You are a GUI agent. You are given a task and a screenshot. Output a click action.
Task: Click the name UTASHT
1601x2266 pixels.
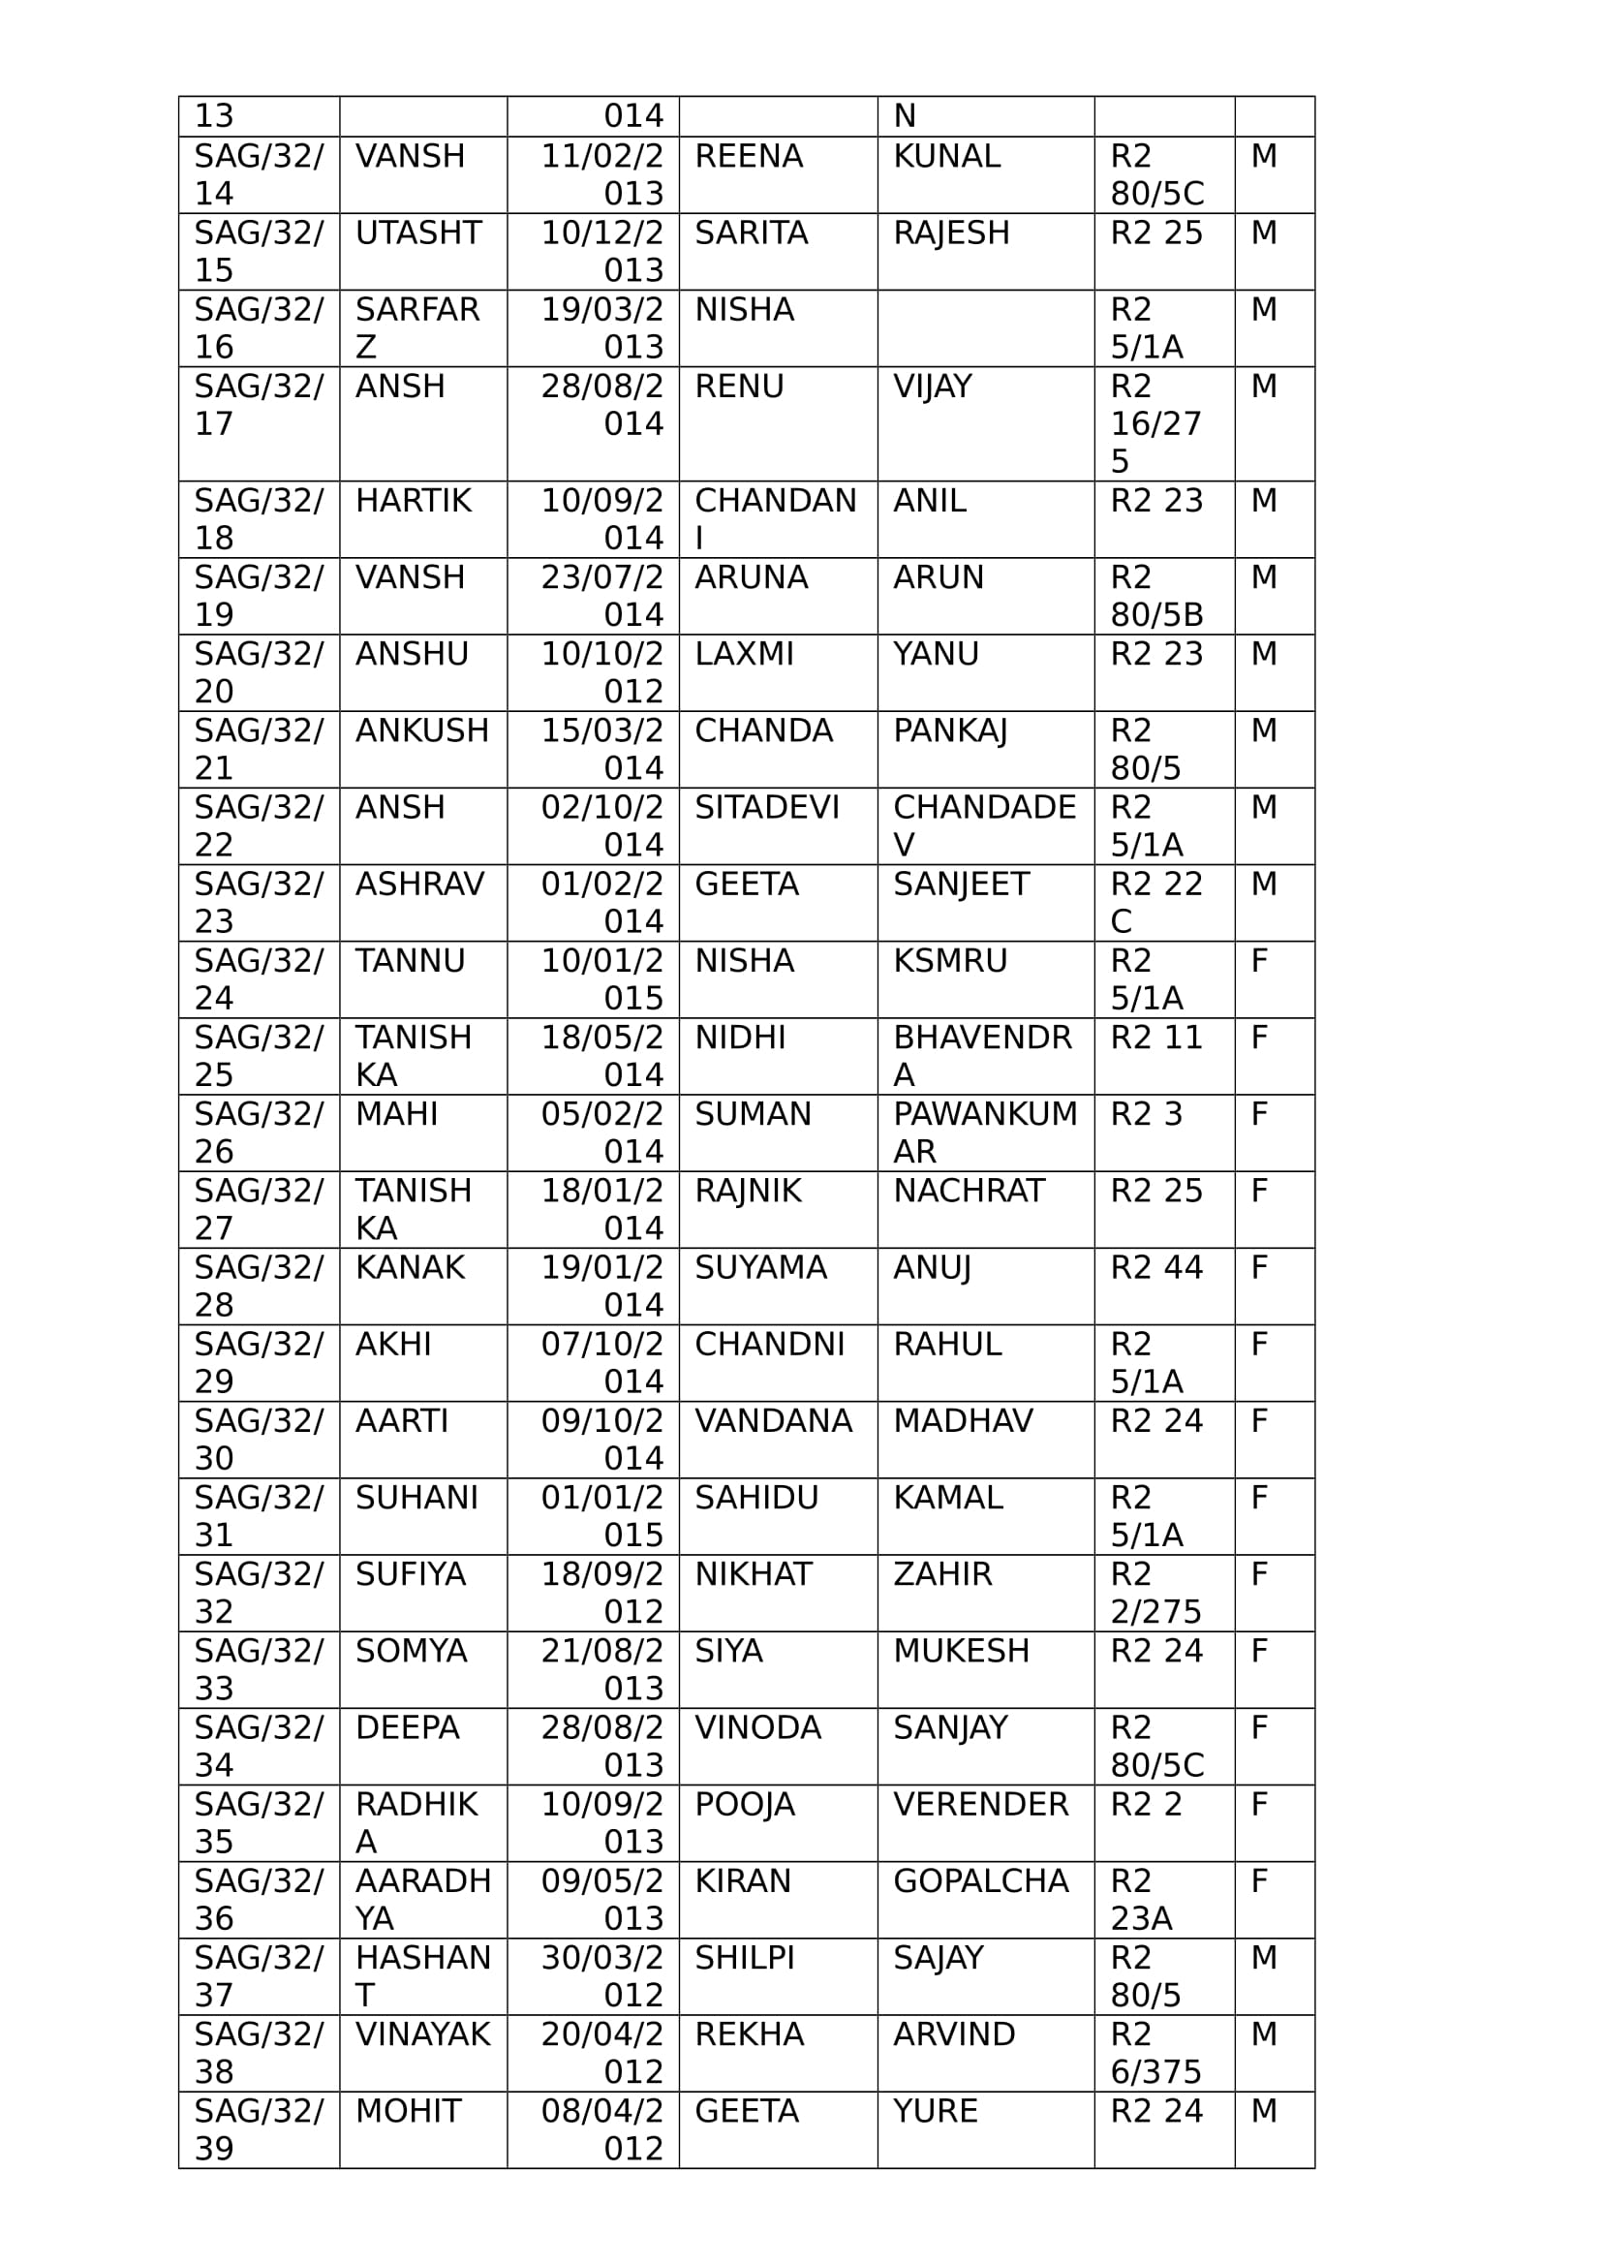click(x=417, y=233)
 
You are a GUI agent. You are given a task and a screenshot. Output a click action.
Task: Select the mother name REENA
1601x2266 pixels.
click(x=748, y=157)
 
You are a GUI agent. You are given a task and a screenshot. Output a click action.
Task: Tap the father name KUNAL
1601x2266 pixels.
click(x=946, y=157)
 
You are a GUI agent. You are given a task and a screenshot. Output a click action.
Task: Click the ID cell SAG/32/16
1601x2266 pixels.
click(x=258, y=328)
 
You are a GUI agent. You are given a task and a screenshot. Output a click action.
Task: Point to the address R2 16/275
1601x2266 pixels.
click(x=1155, y=423)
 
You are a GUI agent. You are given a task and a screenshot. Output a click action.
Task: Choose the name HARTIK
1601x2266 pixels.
click(x=414, y=502)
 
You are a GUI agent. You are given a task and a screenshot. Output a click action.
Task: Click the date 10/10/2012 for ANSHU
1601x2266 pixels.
click(x=601, y=672)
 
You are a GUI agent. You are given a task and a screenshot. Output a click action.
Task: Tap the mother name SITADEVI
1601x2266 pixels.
click(x=766, y=808)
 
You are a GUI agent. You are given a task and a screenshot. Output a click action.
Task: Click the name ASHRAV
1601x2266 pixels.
click(x=419, y=885)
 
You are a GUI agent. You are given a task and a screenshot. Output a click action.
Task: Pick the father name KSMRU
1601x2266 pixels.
click(x=950, y=961)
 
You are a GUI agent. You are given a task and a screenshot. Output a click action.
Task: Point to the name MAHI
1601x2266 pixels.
click(x=395, y=1114)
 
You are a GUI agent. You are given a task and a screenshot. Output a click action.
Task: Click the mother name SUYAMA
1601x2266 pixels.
click(x=759, y=1267)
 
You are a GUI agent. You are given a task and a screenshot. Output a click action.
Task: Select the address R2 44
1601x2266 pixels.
click(x=1156, y=1267)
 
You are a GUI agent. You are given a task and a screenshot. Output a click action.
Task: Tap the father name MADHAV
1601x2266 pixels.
click(x=963, y=1421)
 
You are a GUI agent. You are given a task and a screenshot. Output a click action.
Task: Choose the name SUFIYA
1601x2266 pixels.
click(x=411, y=1574)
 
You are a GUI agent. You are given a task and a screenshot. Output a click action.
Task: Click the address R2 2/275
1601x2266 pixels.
click(x=1155, y=1593)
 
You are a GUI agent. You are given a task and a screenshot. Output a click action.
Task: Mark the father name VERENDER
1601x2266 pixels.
click(x=980, y=1804)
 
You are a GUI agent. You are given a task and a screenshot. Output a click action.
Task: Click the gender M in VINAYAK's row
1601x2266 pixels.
click(x=1264, y=2035)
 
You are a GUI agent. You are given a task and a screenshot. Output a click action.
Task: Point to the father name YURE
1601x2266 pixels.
click(x=936, y=2111)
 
